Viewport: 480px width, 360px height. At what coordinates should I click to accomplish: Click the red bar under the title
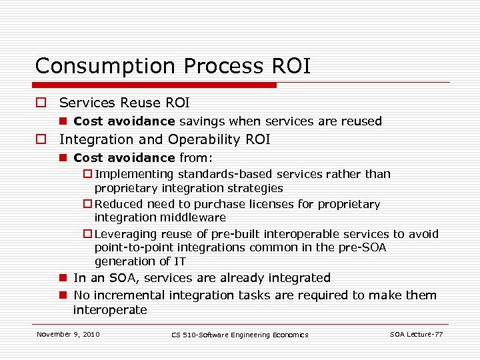(156, 85)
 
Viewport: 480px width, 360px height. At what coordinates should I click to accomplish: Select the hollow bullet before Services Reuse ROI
(42, 103)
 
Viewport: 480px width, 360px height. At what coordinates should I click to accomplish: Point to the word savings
(203, 121)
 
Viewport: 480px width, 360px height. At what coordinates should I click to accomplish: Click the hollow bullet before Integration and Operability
(42, 140)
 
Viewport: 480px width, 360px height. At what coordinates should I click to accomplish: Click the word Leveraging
(128, 234)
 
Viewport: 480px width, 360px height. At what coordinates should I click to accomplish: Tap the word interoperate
(110, 310)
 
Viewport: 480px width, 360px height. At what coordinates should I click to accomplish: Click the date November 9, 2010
(68, 334)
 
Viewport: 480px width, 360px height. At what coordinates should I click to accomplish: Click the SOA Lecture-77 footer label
(417, 334)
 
